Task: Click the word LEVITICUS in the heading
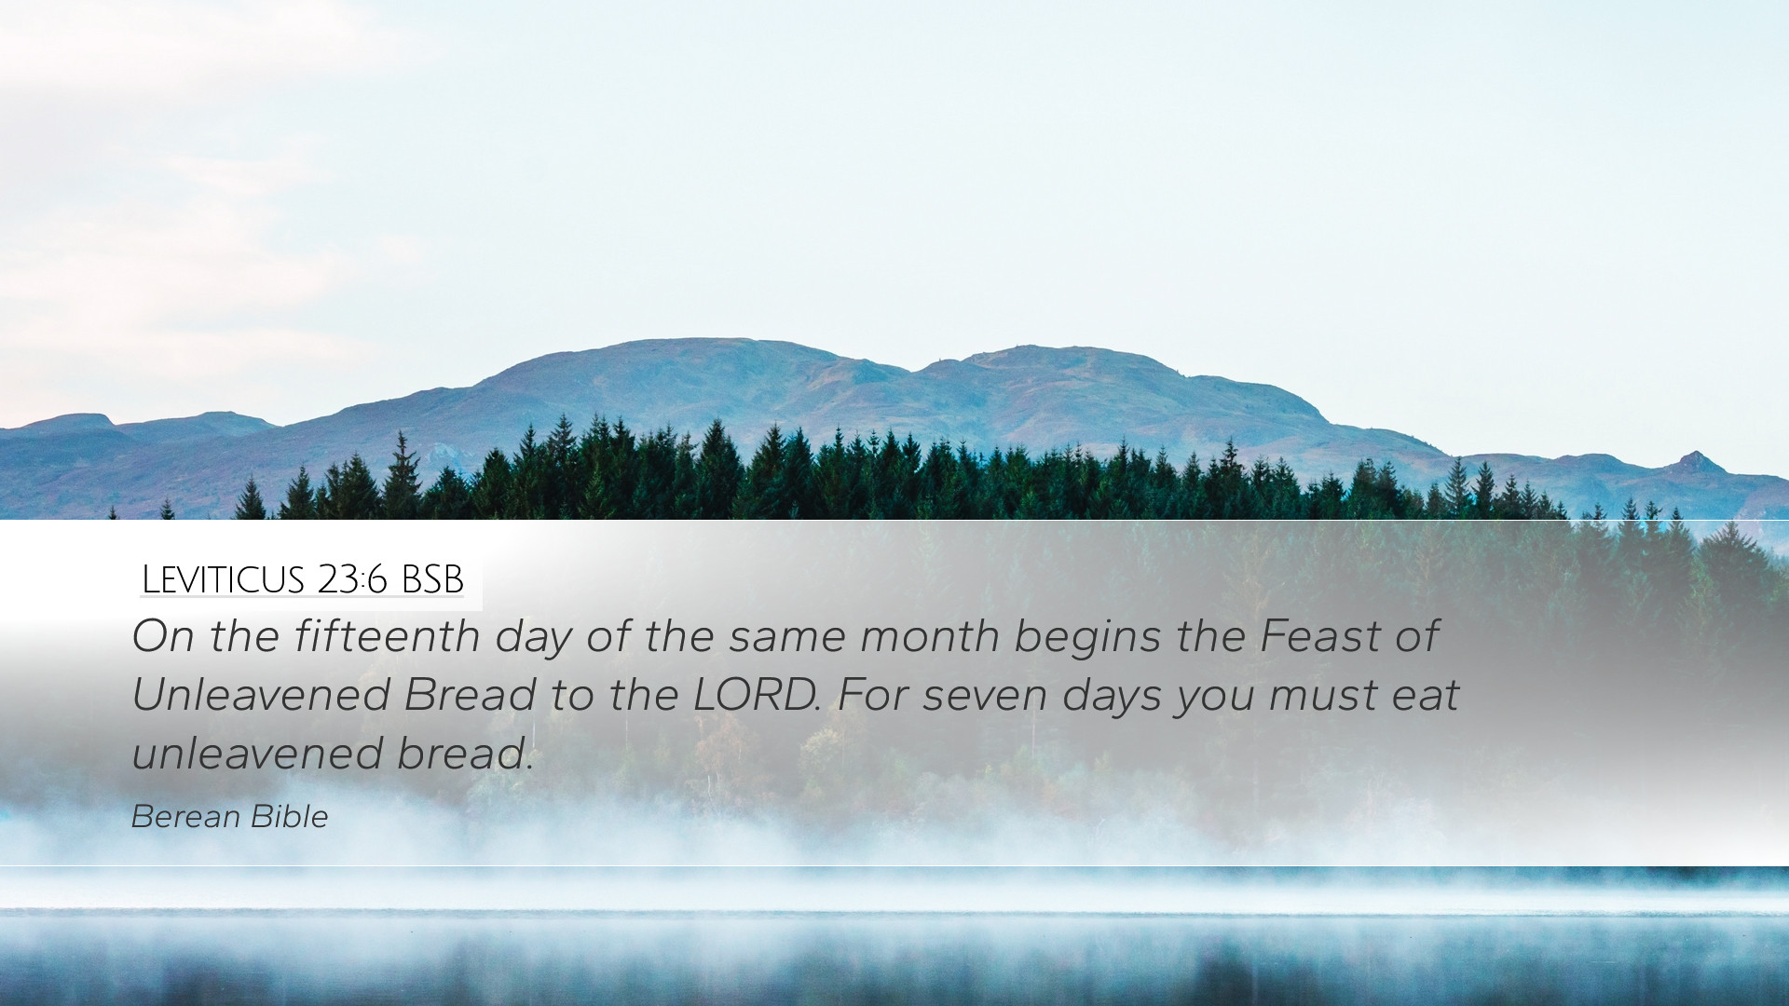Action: pos(224,579)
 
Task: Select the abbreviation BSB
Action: pos(432,579)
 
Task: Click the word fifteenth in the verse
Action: pos(387,636)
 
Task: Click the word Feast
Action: pos(1320,636)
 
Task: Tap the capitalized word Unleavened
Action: pos(260,695)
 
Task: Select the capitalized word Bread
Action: pos(470,695)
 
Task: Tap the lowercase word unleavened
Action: pos(256,754)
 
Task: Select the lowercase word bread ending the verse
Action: pos(464,754)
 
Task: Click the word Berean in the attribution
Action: pos(186,817)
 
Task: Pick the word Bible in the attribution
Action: pos(289,817)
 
